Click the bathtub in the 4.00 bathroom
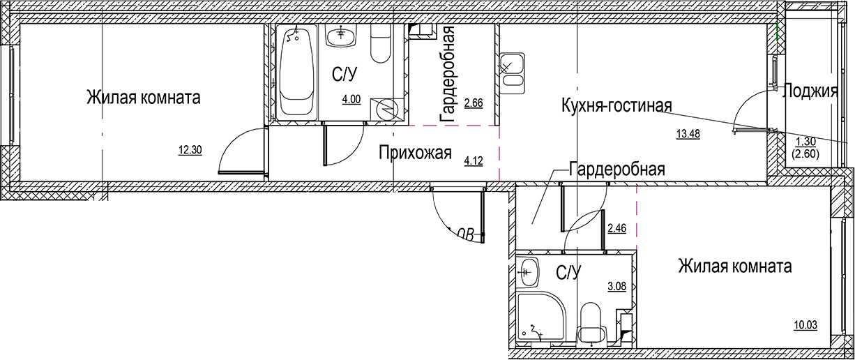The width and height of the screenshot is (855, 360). coord(296,73)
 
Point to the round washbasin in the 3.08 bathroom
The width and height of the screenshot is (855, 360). coord(529,270)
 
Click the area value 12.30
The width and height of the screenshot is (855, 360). coord(190,149)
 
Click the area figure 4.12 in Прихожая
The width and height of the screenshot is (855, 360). coord(474,161)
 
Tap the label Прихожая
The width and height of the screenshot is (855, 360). coord(415,152)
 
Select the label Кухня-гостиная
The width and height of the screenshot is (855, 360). coord(616,106)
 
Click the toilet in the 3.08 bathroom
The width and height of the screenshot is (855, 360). coord(591,320)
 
